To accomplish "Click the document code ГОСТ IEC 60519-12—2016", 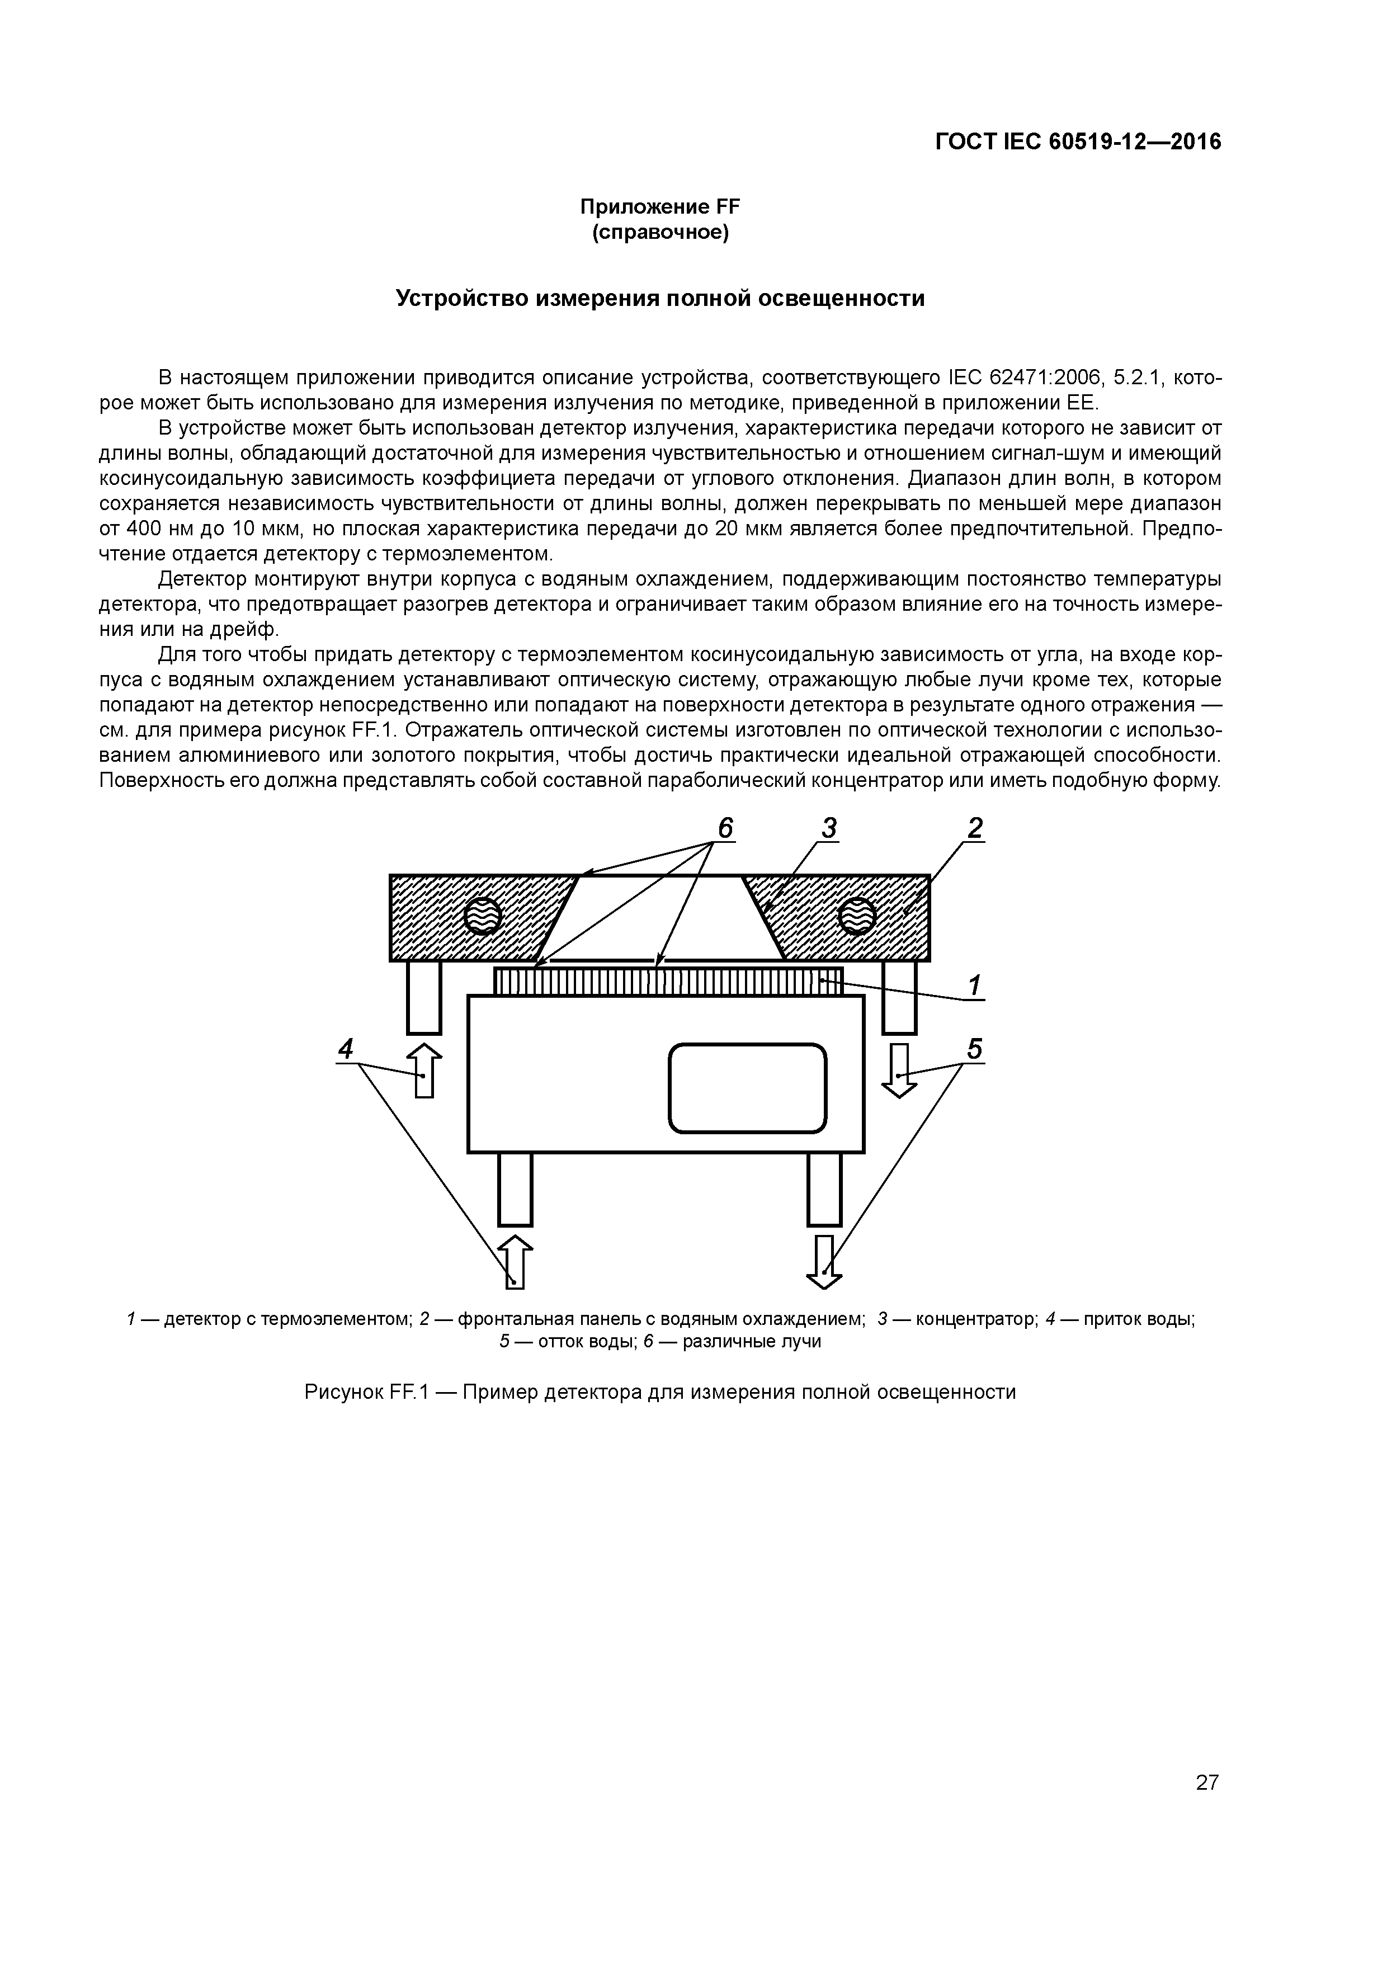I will coord(1078,142).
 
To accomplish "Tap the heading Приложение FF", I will coord(660,207).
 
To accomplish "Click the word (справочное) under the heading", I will coord(660,233).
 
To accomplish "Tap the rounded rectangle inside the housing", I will coord(747,1088).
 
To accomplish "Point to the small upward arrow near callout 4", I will coord(424,1070).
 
